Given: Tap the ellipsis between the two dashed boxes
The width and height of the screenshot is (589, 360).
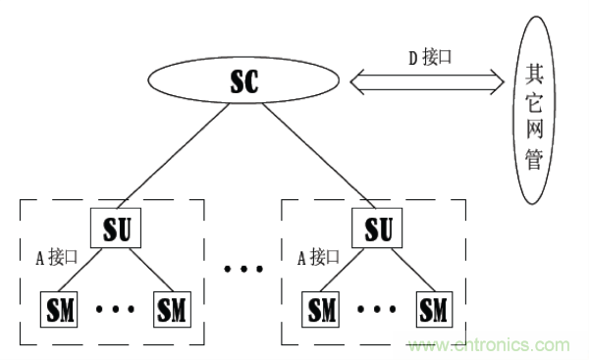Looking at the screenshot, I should [x=241, y=268].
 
